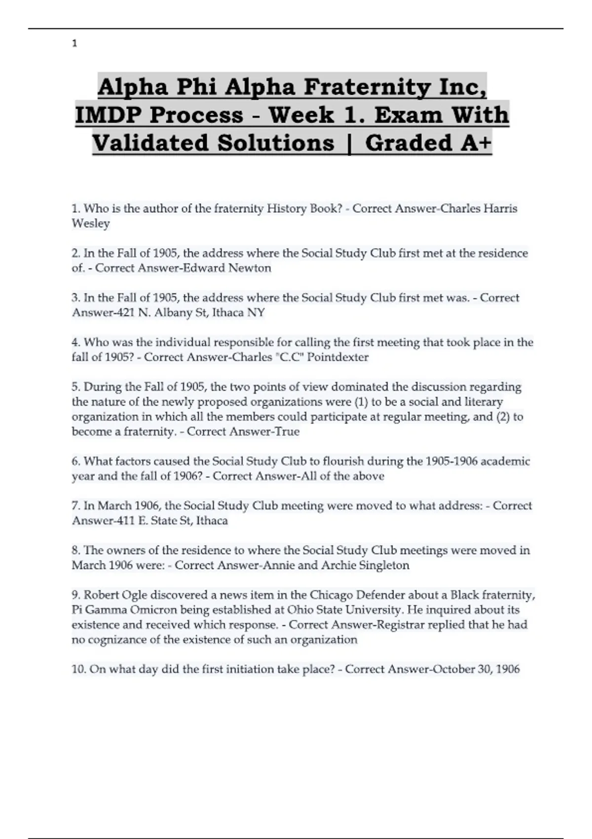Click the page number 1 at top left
[x=74, y=44]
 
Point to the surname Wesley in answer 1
[x=91, y=224]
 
